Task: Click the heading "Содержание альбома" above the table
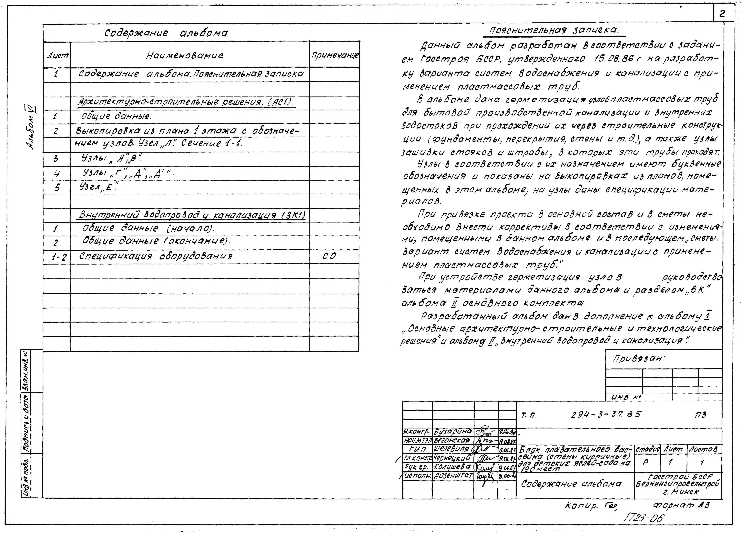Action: (x=166, y=33)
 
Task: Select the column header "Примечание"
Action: (x=335, y=55)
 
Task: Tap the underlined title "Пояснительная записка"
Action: (x=554, y=30)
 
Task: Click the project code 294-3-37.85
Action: (x=606, y=415)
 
